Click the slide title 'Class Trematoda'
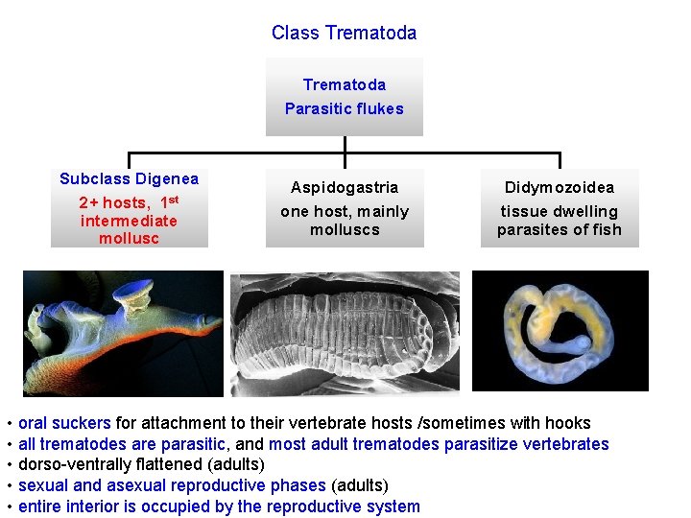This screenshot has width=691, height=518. pyautogui.click(x=344, y=33)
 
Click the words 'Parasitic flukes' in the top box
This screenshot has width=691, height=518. pyautogui.click(x=344, y=108)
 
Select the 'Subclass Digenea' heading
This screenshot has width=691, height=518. pyautogui.click(x=129, y=178)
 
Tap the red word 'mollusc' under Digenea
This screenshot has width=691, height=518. pyautogui.click(x=129, y=238)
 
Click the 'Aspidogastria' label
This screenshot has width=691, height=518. pyautogui.click(x=344, y=187)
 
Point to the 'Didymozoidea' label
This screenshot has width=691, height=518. pyautogui.click(x=559, y=187)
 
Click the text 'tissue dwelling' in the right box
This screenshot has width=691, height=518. pyautogui.click(x=559, y=211)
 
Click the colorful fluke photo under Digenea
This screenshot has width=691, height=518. pyautogui.click(x=123, y=333)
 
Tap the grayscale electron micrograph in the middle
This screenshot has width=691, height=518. pyautogui.click(x=345, y=333)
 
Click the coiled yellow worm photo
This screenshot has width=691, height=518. pyautogui.click(x=560, y=330)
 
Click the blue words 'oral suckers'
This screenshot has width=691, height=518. pyautogui.click(x=64, y=423)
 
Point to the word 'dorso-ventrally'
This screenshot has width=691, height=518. pyautogui.click(x=73, y=465)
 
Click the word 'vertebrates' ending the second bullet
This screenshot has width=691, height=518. pyautogui.click(x=565, y=444)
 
